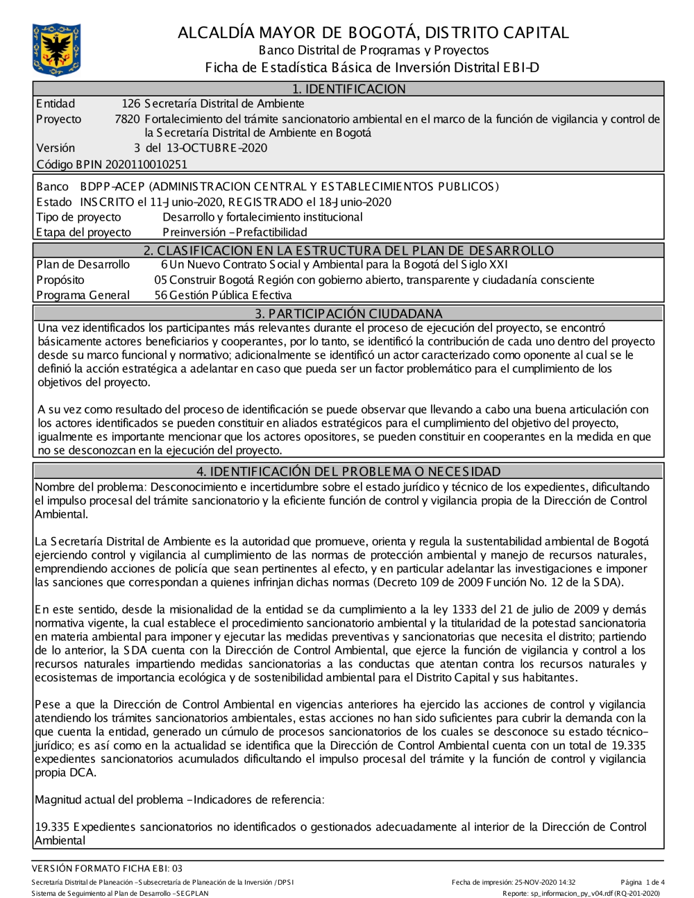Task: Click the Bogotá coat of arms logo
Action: point(56,49)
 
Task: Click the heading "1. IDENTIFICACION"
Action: point(348,89)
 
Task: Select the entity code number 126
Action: point(130,104)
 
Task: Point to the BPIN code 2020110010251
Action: point(146,164)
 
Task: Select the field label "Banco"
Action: point(52,187)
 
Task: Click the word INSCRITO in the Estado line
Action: point(107,202)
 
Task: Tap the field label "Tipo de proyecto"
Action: point(78,217)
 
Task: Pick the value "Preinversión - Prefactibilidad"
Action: point(235,232)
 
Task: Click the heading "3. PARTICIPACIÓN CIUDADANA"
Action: point(348,314)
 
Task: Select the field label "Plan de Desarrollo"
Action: point(83,264)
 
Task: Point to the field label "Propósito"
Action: point(60,280)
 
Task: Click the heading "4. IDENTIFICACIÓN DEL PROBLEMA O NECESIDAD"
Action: point(348,472)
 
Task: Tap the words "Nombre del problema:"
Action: point(91,487)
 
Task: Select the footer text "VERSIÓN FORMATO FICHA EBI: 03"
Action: point(107,868)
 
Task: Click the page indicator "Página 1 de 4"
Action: point(643,883)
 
